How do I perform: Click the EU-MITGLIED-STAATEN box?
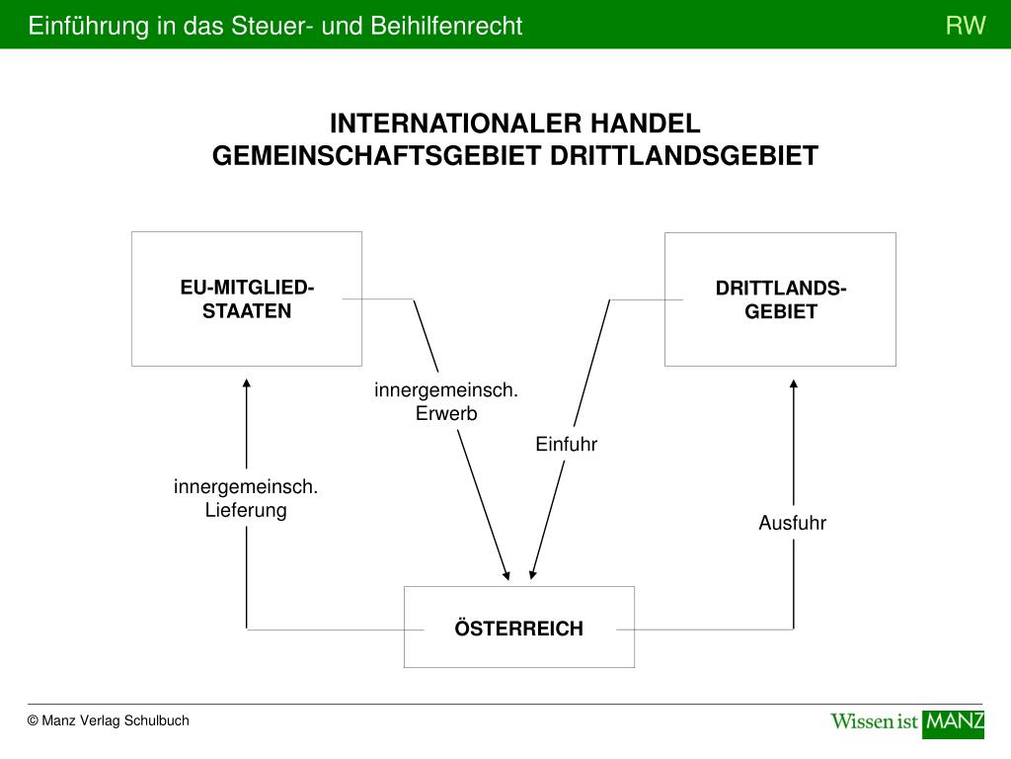click(x=247, y=298)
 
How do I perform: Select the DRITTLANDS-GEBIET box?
click(x=780, y=299)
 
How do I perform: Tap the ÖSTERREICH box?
click(x=518, y=628)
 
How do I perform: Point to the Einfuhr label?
click(x=567, y=444)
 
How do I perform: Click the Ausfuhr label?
click(x=792, y=523)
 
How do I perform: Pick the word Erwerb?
click(x=445, y=414)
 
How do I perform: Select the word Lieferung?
click(x=246, y=510)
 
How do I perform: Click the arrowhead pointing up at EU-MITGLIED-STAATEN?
click(x=247, y=383)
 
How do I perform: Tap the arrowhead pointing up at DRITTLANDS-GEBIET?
click(x=793, y=384)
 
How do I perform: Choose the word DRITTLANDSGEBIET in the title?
click(x=683, y=156)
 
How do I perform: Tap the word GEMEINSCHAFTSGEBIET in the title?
click(x=377, y=156)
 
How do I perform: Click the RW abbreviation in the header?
click(x=966, y=26)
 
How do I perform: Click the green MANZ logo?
click(x=953, y=721)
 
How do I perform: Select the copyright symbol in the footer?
click(x=33, y=721)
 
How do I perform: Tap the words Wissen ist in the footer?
click(x=875, y=721)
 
